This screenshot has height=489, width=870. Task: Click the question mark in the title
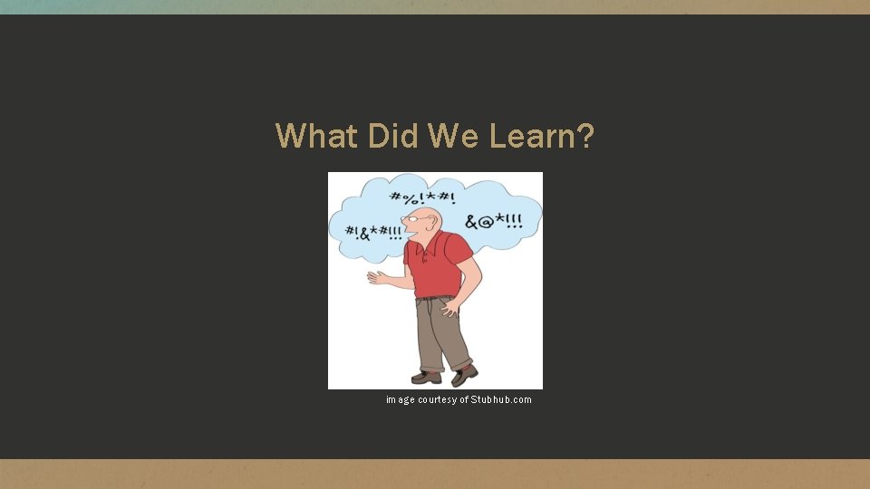pos(585,137)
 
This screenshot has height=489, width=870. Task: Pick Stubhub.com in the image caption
pos(501,399)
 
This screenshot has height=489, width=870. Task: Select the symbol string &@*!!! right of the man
pos(495,221)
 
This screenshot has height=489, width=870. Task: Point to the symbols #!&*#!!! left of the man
pos(374,233)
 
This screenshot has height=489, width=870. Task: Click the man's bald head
pos(430,216)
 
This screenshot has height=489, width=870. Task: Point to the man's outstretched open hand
pos(377,278)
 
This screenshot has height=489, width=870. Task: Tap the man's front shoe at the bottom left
pos(426,376)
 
